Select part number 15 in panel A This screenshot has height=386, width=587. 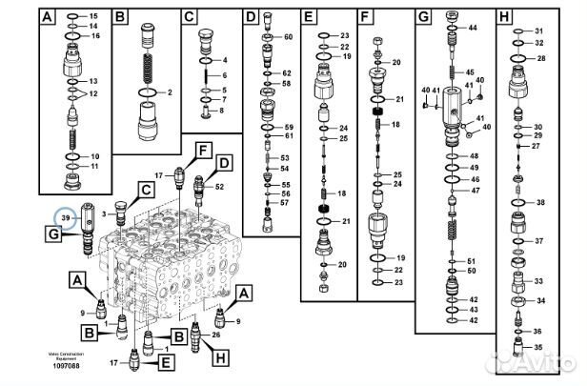tap(94, 17)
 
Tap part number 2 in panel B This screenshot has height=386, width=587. tap(168, 92)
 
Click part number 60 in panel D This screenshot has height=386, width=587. tap(288, 36)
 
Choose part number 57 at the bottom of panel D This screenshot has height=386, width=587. tap(284, 202)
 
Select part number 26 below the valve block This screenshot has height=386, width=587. tap(216, 335)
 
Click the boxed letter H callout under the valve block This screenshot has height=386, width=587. tap(222, 357)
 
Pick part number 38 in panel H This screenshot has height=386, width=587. tap(540, 202)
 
